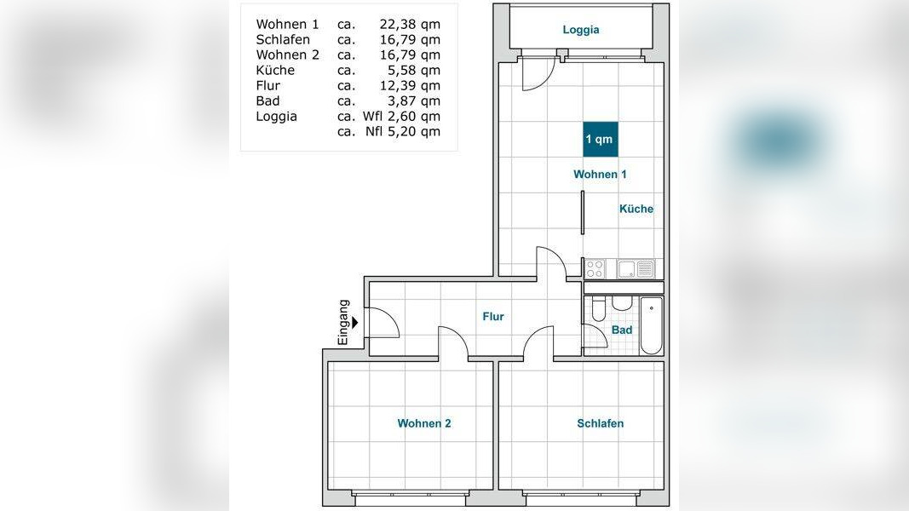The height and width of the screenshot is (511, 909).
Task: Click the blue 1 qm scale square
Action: (x=601, y=139)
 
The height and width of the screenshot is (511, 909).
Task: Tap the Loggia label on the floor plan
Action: (x=581, y=30)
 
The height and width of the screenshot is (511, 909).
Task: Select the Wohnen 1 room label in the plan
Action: (x=600, y=174)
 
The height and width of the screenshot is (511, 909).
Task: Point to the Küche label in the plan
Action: (x=636, y=209)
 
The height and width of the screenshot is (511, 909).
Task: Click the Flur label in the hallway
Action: (x=493, y=316)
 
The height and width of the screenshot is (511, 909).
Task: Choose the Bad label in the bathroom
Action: (x=622, y=330)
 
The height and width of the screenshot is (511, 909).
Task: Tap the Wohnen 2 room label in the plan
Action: (x=424, y=423)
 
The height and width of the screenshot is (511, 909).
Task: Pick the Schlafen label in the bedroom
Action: (x=601, y=423)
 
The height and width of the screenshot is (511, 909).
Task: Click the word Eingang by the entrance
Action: (x=343, y=322)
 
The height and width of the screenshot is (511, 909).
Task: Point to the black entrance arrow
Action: (x=354, y=323)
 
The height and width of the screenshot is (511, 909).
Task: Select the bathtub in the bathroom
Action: (x=651, y=325)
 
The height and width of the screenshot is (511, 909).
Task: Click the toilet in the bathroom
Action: (x=599, y=309)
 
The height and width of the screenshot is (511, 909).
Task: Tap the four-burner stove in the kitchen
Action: (x=595, y=269)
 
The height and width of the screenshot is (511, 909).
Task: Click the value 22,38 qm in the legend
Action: (x=410, y=25)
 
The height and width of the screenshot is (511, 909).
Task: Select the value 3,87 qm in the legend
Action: (x=414, y=100)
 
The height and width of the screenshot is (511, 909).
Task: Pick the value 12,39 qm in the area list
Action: (x=410, y=86)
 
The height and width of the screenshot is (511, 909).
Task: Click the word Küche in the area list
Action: (x=275, y=70)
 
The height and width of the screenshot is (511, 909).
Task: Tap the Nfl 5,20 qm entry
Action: (x=403, y=131)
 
